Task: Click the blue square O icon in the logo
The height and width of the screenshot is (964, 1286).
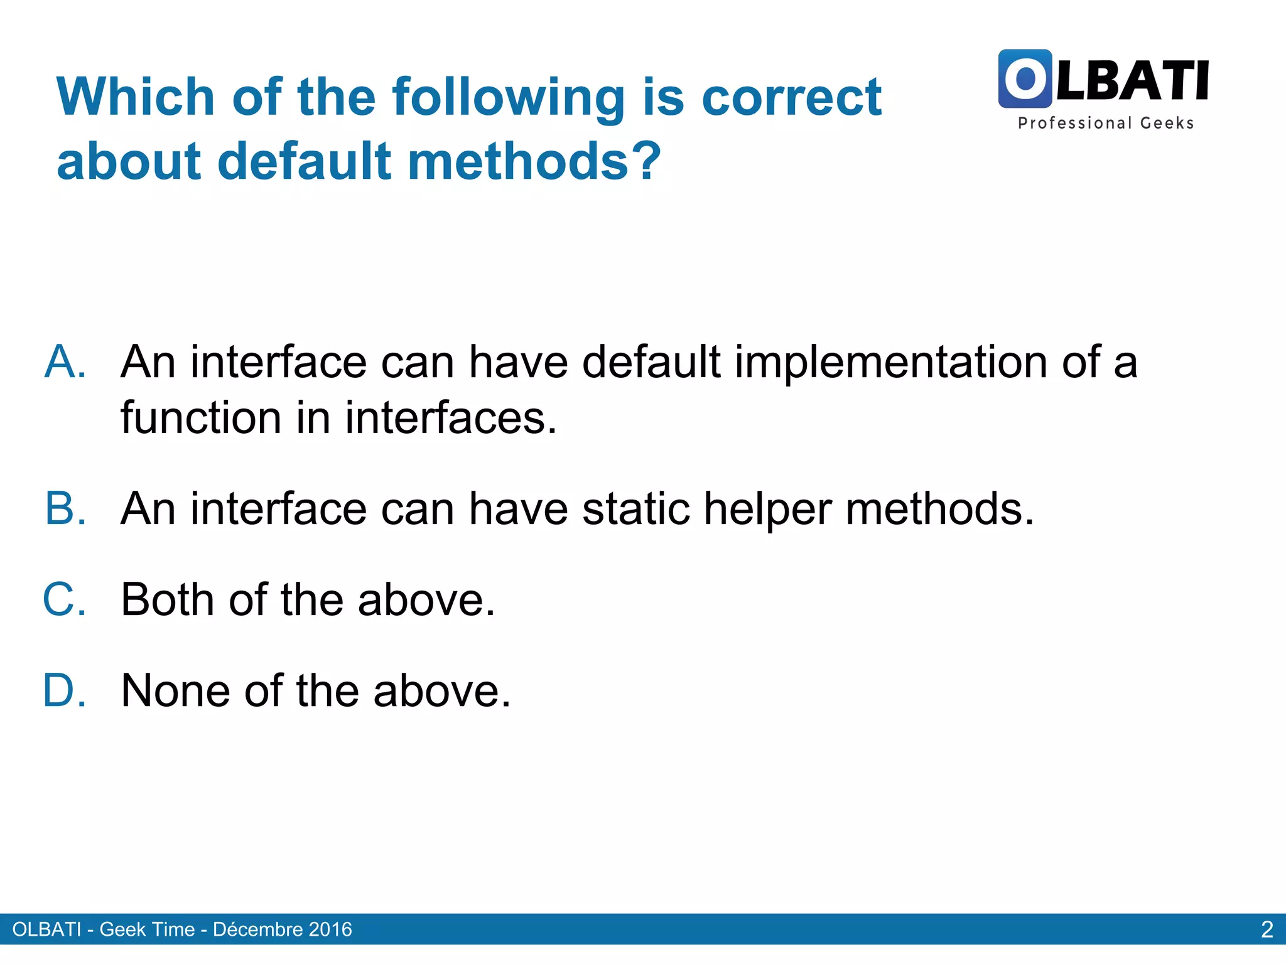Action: point(1025,79)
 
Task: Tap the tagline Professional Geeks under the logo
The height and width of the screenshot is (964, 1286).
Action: point(1105,123)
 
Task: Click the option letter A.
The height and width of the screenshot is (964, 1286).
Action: point(65,362)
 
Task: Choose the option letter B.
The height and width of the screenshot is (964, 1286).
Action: point(65,508)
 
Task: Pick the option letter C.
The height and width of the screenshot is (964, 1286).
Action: point(65,599)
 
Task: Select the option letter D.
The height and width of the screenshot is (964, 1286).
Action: point(65,690)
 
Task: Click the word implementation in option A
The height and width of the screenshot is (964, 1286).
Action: point(891,363)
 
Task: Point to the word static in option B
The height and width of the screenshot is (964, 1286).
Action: point(635,508)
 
